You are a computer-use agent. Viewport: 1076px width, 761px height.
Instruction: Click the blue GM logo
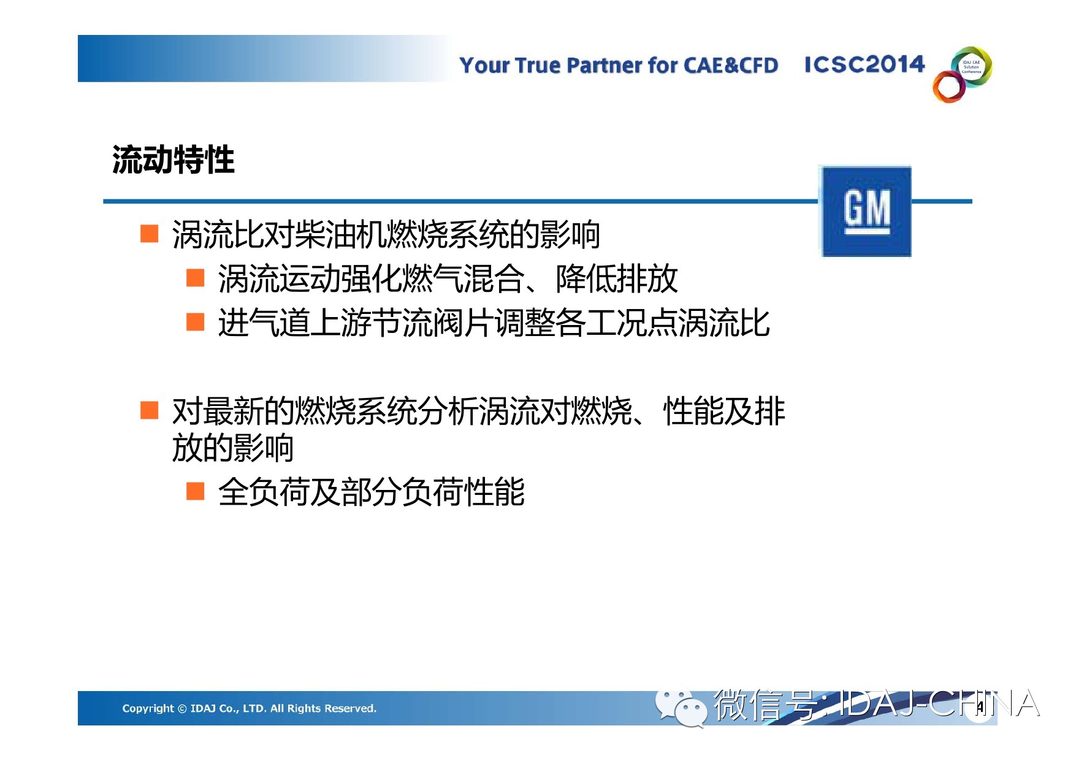coord(866,212)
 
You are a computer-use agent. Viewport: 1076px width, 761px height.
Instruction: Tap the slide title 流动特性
coord(174,160)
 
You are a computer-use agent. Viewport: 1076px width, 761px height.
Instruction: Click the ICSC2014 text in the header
coord(864,64)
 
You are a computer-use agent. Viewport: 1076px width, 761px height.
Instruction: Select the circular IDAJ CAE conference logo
coord(962,74)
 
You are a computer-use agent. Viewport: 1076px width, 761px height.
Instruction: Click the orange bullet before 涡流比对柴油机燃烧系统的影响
coord(150,234)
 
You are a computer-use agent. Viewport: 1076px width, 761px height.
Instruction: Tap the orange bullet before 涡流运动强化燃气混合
coord(196,278)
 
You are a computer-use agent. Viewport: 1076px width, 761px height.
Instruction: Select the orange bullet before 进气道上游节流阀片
coord(196,322)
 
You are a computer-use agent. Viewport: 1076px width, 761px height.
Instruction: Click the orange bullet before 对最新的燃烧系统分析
coord(150,410)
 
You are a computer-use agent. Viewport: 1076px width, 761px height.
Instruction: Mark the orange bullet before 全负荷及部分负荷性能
coord(196,491)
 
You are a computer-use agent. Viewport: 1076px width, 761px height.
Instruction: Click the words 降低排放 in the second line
coord(617,278)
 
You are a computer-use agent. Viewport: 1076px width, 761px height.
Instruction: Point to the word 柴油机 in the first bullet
coord(340,234)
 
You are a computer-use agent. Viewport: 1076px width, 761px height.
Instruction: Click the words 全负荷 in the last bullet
coord(264,492)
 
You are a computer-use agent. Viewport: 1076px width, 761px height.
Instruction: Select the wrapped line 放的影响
coord(233,448)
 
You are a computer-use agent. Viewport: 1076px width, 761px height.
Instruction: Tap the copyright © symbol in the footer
coord(182,709)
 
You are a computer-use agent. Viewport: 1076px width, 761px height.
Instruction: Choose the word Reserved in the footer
coord(350,708)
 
